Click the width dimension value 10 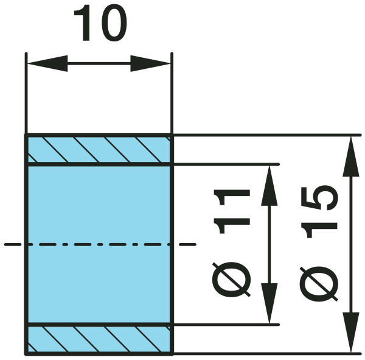(100, 23)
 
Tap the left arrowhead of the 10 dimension (47, 63)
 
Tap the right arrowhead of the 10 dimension (150, 63)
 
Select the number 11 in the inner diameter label (232, 211)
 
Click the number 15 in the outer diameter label (319, 212)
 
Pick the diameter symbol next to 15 (319, 284)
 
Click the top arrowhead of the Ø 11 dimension (269, 186)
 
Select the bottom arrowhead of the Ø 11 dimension (269, 303)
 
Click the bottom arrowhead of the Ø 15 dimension (351, 333)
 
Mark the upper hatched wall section (99, 149)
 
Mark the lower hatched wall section (99, 339)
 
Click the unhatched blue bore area (99, 244)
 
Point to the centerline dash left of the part (13, 245)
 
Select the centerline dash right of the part (187, 245)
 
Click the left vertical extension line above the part (26, 93)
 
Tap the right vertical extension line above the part (172, 93)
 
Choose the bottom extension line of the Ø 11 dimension (226, 325)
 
